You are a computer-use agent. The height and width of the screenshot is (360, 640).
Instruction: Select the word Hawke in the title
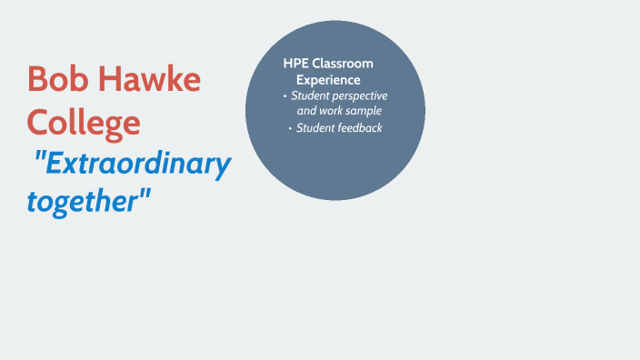pyautogui.click(x=148, y=79)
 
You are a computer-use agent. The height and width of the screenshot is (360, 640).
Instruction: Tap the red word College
pyautogui.click(x=84, y=121)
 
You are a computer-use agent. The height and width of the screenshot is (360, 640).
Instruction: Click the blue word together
pyautogui.click(x=80, y=200)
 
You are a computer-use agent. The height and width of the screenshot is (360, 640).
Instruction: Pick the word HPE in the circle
pyautogui.click(x=295, y=64)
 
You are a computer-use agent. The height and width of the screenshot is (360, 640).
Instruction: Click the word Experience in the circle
pyautogui.click(x=328, y=79)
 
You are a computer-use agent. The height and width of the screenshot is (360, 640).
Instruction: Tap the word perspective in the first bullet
pyautogui.click(x=357, y=95)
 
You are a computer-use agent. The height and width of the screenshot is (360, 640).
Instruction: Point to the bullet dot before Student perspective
pyautogui.click(x=285, y=95)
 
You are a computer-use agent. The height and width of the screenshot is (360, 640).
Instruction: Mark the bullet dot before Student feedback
pyautogui.click(x=290, y=128)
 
